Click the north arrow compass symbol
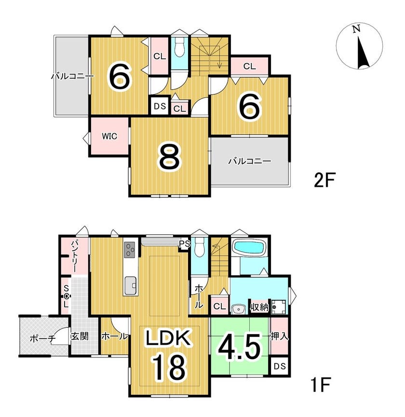click(359, 46)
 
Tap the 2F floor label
click(324, 180)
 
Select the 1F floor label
click(321, 384)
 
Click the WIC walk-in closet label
click(109, 136)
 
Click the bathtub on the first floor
click(249, 247)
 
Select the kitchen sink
click(130, 285)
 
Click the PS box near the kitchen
click(184, 244)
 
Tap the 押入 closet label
click(279, 336)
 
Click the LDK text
click(168, 338)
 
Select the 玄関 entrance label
click(79, 336)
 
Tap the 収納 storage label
click(259, 308)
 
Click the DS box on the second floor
click(160, 106)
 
